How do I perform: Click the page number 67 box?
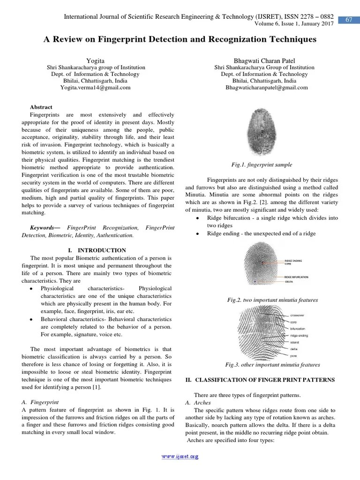pyautogui.click(x=349, y=20)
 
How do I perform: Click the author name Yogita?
pyautogui.click(x=95, y=61)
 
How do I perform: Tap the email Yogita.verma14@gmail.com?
pyautogui.click(x=95, y=87)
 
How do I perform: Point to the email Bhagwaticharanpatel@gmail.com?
pyautogui.click(x=267, y=87)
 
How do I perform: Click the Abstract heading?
pyautogui.click(x=41, y=107)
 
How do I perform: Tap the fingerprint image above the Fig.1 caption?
pyautogui.click(x=262, y=134)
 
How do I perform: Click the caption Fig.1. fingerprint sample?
pyautogui.click(x=262, y=165)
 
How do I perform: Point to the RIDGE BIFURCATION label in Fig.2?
pyautogui.click(x=297, y=277)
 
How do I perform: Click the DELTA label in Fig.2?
pyautogui.click(x=289, y=282)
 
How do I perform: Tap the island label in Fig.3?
pyautogui.click(x=295, y=342)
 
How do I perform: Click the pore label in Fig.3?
pyautogui.click(x=294, y=356)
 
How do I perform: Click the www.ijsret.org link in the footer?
pyautogui.click(x=180, y=457)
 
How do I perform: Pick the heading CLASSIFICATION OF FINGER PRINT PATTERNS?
pyautogui.click(x=264, y=380)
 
